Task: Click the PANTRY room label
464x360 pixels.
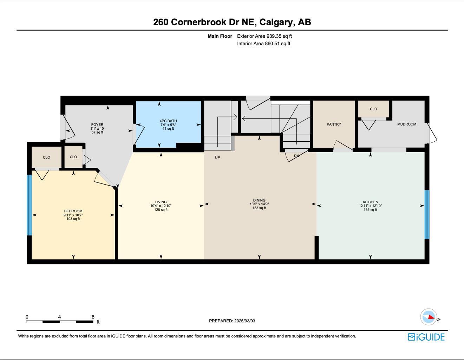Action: tap(334, 124)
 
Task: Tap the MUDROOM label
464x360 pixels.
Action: tap(406, 124)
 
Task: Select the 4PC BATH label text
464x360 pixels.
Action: tap(168, 121)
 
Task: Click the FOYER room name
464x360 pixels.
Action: tap(97, 124)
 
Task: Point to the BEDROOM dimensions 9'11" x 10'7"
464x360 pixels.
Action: tap(73, 215)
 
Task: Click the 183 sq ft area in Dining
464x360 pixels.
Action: tap(259, 208)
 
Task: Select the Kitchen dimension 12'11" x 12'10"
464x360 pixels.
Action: tap(370, 206)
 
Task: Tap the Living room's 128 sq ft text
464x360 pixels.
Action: tap(161, 210)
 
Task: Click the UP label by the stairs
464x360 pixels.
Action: tap(217, 157)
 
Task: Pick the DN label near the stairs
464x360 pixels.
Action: tap(296, 156)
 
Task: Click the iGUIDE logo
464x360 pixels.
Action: tap(426, 337)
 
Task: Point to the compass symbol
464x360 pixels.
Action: tap(429, 317)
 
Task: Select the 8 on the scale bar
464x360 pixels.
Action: tap(93, 317)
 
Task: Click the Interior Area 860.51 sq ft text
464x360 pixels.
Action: tap(263, 44)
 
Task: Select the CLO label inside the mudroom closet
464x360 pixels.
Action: tap(373, 109)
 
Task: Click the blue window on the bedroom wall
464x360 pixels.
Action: tap(30, 205)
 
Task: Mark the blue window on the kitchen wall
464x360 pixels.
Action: tap(427, 214)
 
